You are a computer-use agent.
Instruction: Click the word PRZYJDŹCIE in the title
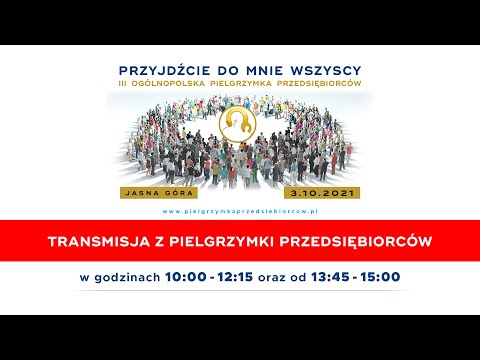(166, 71)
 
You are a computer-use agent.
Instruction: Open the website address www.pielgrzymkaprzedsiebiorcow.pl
(240, 212)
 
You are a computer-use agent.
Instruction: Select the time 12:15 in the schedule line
(235, 276)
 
